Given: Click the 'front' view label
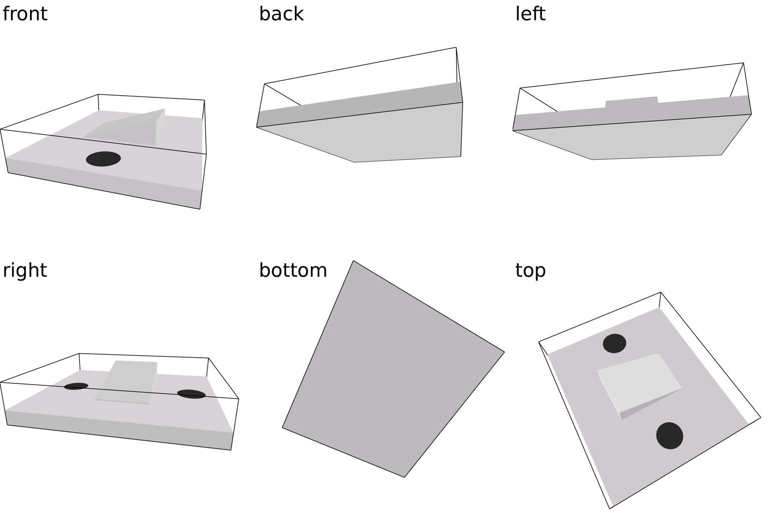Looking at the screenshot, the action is pyautogui.click(x=25, y=14).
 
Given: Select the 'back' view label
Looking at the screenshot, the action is pyautogui.click(x=281, y=14).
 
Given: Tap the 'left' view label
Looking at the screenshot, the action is pyautogui.click(x=530, y=14).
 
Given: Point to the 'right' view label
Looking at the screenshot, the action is pyautogui.click(x=25, y=271).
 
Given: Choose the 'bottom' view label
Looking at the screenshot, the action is pyautogui.click(x=293, y=271).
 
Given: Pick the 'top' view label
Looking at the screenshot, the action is pyautogui.click(x=530, y=271).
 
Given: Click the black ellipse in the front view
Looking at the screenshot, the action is pyautogui.click(x=103, y=159).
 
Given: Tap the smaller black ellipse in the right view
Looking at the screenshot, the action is pyautogui.click(x=76, y=386).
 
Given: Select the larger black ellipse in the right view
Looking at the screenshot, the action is pyautogui.click(x=191, y=394).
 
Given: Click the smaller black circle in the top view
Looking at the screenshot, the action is pyautogui.click(x=614, y=343).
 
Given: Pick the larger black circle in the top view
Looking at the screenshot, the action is pyautogui.click(x=669, y=436).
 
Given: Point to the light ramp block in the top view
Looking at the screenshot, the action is pyautogui.click(x=639, y=383).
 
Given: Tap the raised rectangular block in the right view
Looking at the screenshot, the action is pyautogui.click(x=126, y=382).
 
